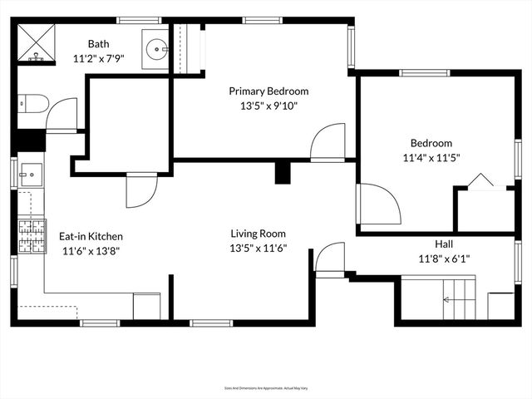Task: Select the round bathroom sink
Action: pos(155,48)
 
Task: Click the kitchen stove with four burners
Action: pos(32,237)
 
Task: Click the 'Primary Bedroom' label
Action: pos(268,91)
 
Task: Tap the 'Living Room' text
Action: pos(258,234)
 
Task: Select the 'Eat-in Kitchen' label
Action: pos(91,235)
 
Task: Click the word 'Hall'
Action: pos(444,244)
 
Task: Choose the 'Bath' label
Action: pos(99,44)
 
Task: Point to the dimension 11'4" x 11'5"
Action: pos(431,157)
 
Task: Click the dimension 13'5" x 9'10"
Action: pos(268,106)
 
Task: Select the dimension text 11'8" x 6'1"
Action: pos(444,259)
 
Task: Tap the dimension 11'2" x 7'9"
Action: pos(99,59)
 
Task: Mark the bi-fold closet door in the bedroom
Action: pos(481,181)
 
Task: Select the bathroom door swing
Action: pos(62,114)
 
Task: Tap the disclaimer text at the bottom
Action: pos(266,388)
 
